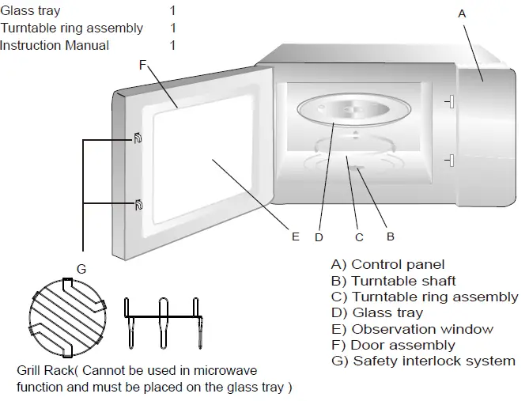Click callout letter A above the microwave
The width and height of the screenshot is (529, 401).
(x=463, y=13)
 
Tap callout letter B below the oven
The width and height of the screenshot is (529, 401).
(x=390, y=236)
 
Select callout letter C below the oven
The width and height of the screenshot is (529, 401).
(x=358, y=236)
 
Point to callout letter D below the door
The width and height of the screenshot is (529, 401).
(x=319, y=236)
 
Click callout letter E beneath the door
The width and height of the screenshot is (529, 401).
(x=295, y=236)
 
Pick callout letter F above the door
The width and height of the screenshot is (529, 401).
(x=142, y=66)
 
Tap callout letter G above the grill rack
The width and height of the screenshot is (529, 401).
(x=81, y=269)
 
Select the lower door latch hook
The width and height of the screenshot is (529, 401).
(x=138, y=206)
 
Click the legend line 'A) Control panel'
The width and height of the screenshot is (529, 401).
(x=387, y=265)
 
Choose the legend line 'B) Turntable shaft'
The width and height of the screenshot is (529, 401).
(x=393, y=281)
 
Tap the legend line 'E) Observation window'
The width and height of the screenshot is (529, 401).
(x=412, y=329)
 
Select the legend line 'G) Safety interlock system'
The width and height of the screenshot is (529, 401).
(x=423, y=361)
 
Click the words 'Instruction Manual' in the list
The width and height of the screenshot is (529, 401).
(x=55, y=45)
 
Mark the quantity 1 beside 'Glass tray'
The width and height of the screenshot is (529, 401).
(x=172, y=11)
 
